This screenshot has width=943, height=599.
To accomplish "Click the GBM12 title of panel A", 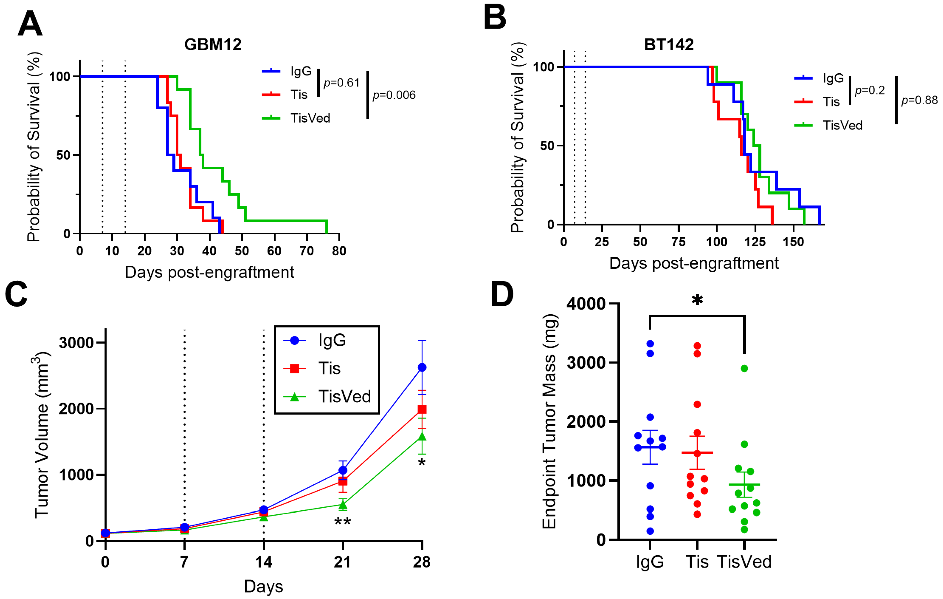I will (x=213, y=44).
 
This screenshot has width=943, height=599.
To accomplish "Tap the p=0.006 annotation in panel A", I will (x=394, y=95).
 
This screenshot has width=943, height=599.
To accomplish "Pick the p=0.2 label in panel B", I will (x=869, y=90).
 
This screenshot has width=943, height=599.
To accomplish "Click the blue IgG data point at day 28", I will (x=422, y=368).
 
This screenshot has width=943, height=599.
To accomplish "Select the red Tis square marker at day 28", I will (x=422, y=409).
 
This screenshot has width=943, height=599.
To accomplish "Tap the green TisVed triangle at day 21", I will (x=343, y=504).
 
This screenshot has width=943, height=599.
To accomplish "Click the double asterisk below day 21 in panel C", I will (x=343, y=522).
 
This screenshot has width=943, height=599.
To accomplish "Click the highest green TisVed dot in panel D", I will (x=744, y=368).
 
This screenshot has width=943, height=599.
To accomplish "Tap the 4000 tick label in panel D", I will (x=586, y=304).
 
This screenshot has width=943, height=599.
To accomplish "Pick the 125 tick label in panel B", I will (x=755, y=242).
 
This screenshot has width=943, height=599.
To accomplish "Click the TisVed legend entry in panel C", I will (x=344, y=397).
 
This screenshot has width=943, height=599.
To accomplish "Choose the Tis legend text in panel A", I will (x=299, y=95).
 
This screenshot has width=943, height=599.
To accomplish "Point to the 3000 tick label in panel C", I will (x=76, y=343).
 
